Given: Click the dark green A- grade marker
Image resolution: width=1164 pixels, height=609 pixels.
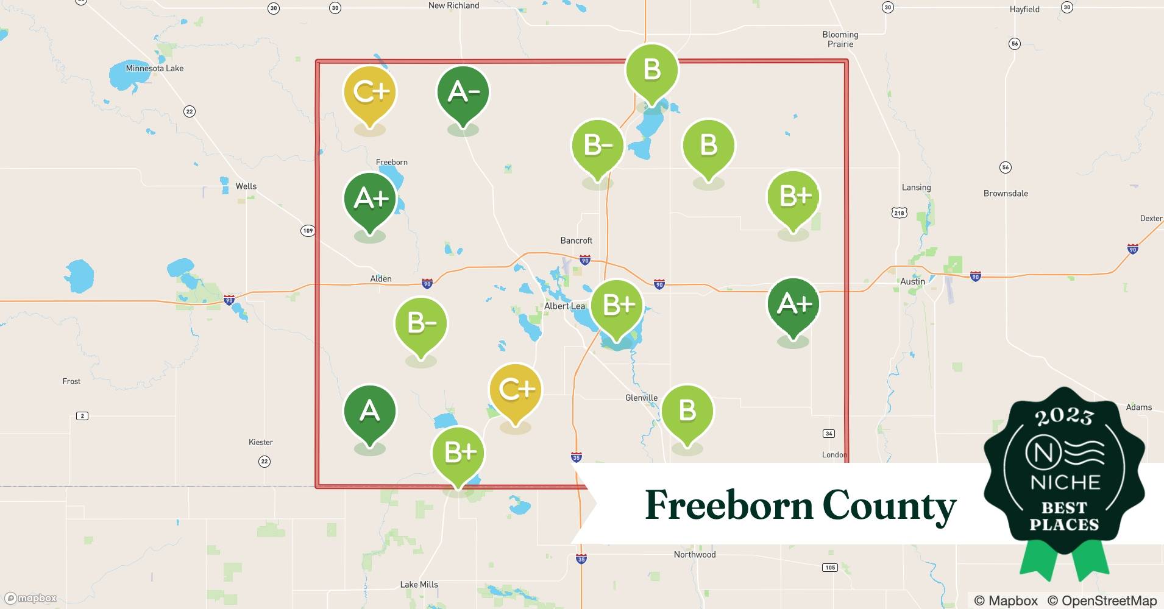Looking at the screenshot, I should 463,93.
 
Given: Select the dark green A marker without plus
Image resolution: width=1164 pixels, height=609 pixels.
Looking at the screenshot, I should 369,412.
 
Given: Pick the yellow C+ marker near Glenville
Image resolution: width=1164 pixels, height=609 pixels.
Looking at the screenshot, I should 515,390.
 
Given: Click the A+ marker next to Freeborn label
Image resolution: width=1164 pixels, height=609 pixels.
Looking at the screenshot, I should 369,199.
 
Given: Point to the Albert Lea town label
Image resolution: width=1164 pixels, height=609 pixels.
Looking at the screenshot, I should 564,306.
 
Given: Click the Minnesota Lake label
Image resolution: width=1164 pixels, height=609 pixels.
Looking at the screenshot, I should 154,68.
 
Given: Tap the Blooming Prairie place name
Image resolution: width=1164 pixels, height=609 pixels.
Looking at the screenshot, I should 840,39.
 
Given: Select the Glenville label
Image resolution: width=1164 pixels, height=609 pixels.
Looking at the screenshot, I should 641,398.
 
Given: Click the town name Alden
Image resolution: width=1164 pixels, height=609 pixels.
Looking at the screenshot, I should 381,279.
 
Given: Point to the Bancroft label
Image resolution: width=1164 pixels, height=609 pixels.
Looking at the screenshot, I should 576,241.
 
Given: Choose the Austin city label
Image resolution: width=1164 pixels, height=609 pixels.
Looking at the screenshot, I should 912,281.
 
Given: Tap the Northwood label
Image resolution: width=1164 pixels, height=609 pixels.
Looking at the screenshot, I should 694,554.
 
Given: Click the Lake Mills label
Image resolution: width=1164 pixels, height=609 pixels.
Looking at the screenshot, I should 419,584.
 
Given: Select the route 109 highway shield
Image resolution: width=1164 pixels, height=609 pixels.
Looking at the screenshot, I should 308,231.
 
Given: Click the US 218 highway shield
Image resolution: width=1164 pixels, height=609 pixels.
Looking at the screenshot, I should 899,213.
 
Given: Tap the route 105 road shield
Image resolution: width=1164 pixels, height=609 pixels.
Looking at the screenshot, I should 829,568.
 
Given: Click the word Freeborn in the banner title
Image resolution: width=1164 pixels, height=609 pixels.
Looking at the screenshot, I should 728,505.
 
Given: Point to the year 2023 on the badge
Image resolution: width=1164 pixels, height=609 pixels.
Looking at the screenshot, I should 1064,417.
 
